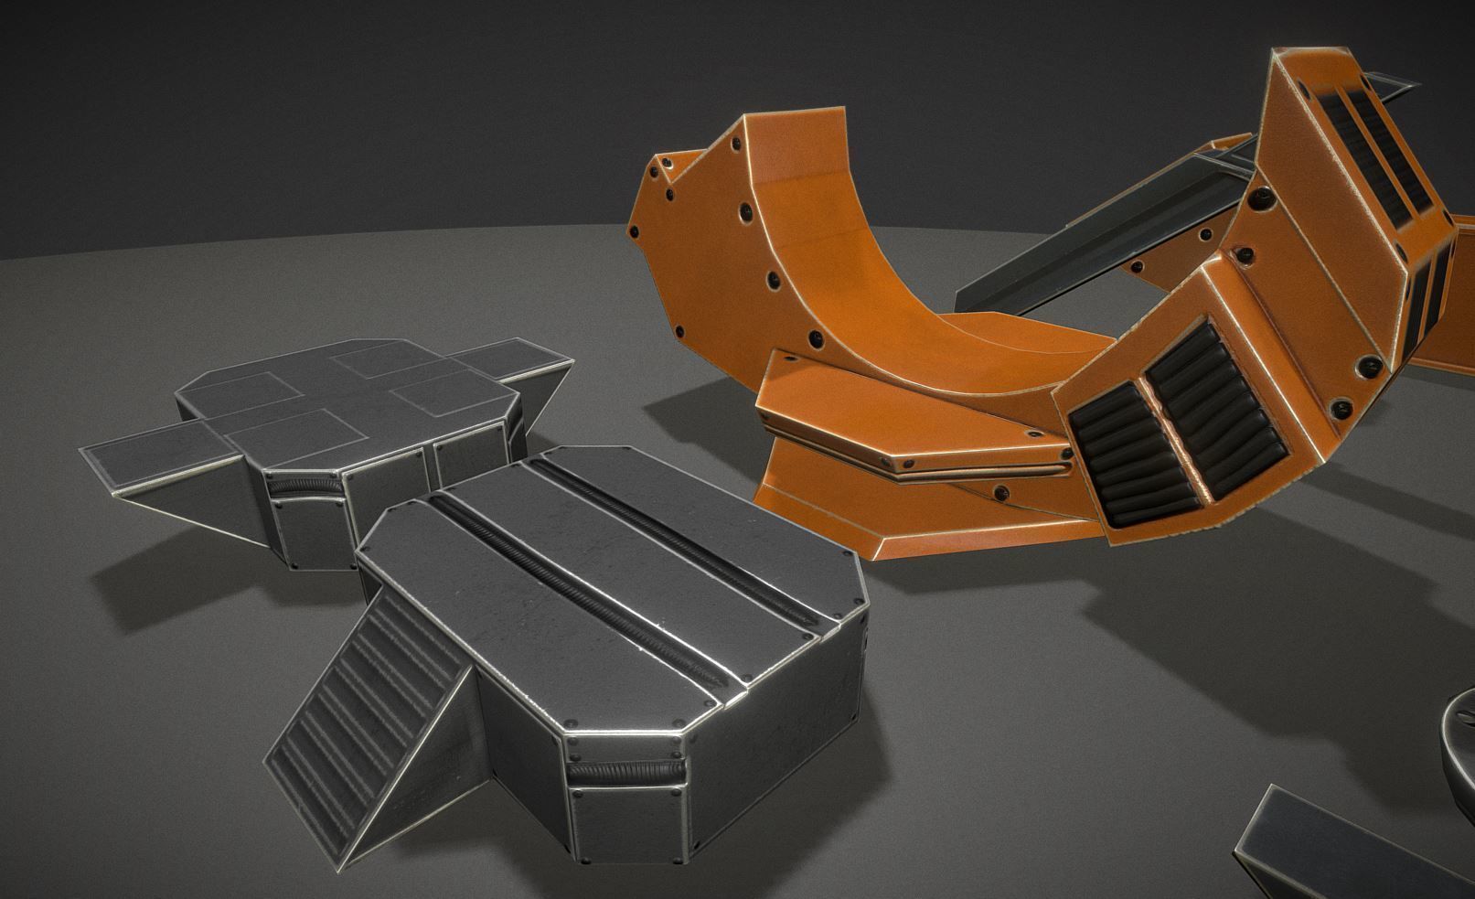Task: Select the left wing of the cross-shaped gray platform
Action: [x=155, y=457]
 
